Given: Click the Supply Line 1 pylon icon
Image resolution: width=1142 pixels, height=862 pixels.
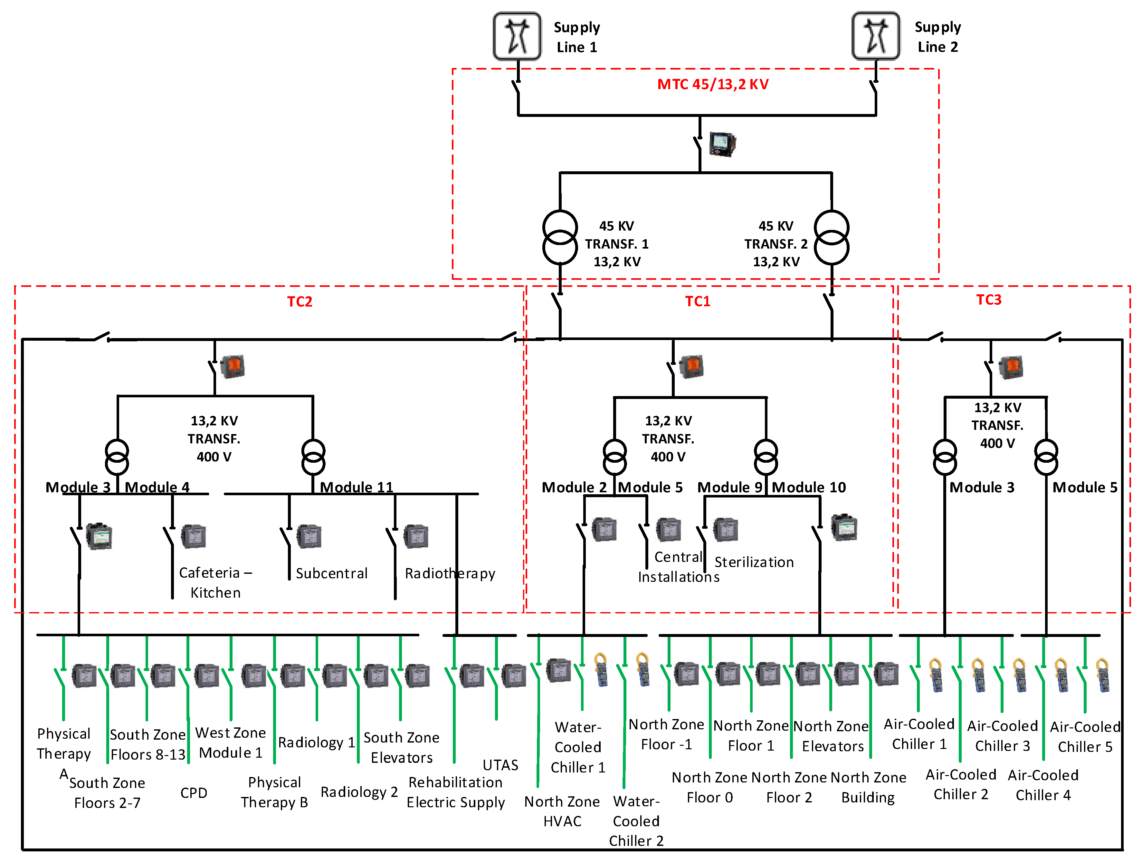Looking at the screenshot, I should point(517,36).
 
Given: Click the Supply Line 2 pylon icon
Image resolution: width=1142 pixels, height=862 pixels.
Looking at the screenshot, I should point(876,36).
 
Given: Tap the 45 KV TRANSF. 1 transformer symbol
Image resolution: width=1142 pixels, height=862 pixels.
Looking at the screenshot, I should point(560,237).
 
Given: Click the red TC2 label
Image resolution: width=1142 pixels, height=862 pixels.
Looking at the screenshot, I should point(300,301).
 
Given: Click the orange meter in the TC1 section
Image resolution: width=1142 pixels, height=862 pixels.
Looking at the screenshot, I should point(691,366).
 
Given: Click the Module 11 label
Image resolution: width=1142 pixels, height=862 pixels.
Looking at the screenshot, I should point(356,487).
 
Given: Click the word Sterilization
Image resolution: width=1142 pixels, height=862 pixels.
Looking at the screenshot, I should point(754,562).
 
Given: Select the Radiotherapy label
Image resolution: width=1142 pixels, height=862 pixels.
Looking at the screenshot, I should point(450,573).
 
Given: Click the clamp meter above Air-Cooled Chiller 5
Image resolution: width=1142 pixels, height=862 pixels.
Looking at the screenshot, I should point(1102,675).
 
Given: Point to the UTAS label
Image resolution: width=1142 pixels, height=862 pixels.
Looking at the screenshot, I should point(500,765).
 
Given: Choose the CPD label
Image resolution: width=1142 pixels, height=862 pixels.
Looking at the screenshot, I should point(194,793).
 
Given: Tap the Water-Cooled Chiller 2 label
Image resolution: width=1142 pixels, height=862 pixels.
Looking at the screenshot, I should point(636,821).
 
